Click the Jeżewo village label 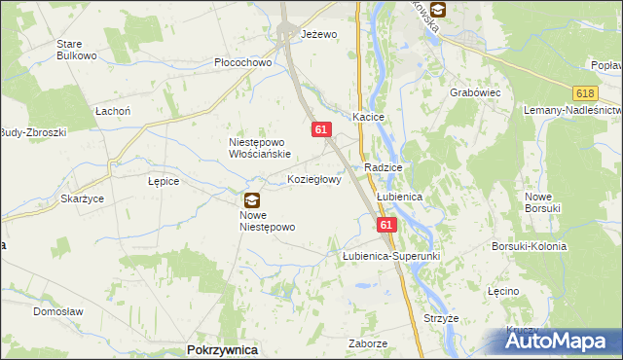point(319,34)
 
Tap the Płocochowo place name point(242,62)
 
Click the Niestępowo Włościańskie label point(260,147)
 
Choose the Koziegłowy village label point(314,180)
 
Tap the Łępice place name point(163,181)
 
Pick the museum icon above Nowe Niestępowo point(251,200)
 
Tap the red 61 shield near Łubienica point(387,224)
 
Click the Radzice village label point(384,167)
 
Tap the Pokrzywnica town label point(221,349)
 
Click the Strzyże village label point(441,318)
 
